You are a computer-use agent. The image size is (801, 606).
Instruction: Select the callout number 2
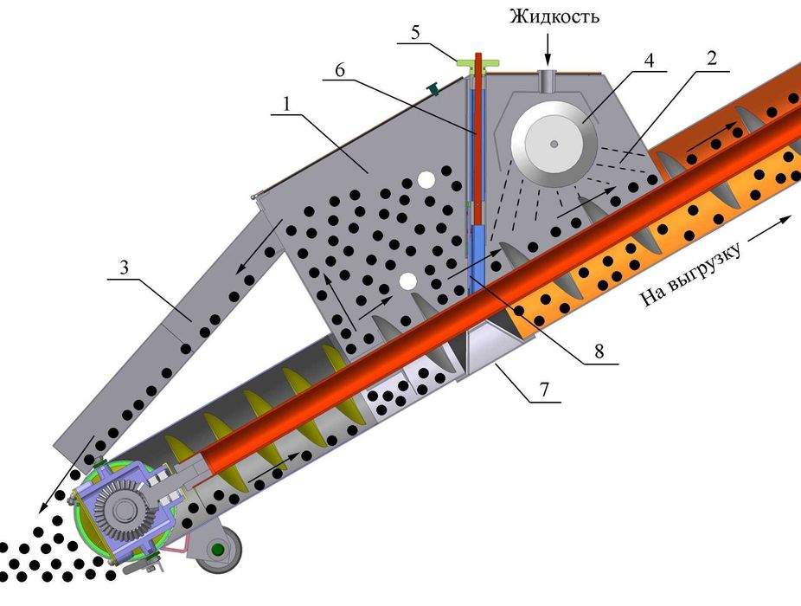click(x=711, y=58)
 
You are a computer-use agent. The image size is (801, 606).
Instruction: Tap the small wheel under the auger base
click(x=218, y=550)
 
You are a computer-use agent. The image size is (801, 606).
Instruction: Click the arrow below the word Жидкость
click(x=546, y=48)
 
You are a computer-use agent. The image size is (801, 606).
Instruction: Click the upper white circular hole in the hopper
click(x=426, y=179)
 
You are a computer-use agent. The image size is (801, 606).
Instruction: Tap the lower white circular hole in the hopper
click(x=408, y=282)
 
